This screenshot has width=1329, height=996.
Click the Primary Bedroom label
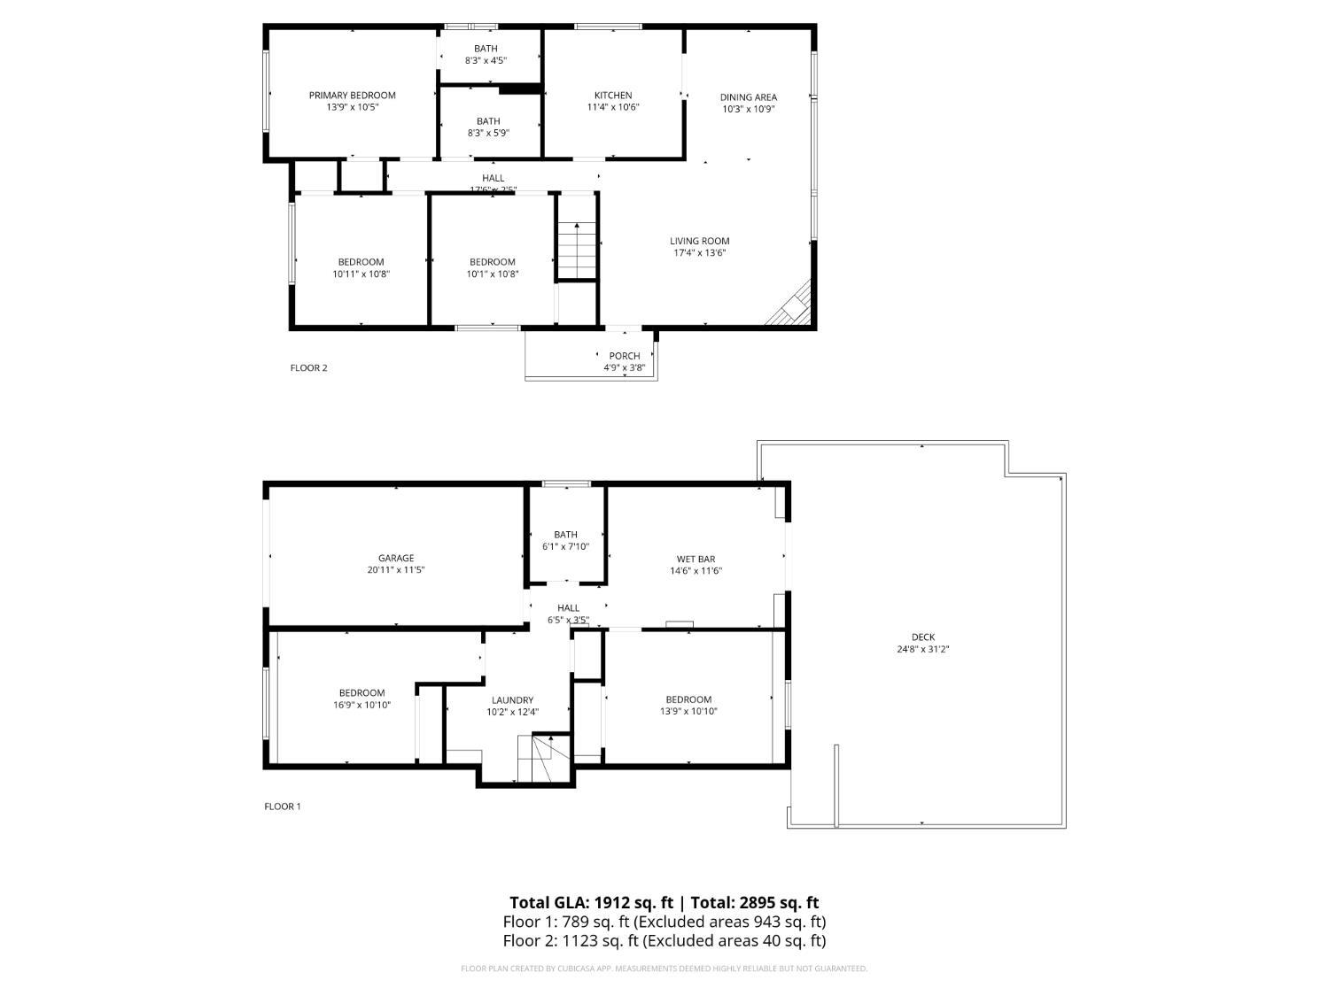[352, 96]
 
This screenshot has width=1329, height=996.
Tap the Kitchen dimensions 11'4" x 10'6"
[612, 107]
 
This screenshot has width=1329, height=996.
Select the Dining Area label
[748, 97]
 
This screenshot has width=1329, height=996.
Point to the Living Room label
[699, 241]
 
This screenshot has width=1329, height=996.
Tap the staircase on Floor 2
[577, 251]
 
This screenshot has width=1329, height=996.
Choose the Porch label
[624, 356]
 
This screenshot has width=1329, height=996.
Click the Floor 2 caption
[308, 368]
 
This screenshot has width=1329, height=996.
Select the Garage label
[396, 559]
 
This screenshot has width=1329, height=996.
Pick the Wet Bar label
[696, 560]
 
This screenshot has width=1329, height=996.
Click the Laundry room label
[512, 700]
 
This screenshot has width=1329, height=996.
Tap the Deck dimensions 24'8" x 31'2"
[923, 649]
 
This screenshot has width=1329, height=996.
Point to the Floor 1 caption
[283, 807]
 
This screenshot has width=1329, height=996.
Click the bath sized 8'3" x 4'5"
[486, 55]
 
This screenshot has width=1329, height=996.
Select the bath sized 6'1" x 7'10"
[565, 540]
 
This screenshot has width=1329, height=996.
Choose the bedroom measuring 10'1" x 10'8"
[492, 267]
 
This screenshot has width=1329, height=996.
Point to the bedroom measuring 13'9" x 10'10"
[688, 705]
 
